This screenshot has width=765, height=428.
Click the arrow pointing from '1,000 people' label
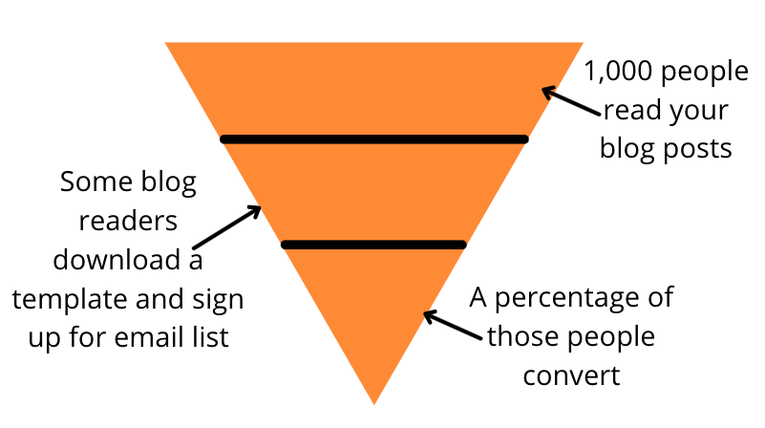coord(571,101)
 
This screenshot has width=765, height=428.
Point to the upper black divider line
coord(373,139)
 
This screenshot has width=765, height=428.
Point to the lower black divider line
coord(373,246)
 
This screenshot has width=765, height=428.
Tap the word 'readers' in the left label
coord(128,222)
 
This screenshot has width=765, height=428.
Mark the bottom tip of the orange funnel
coord(373,399)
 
